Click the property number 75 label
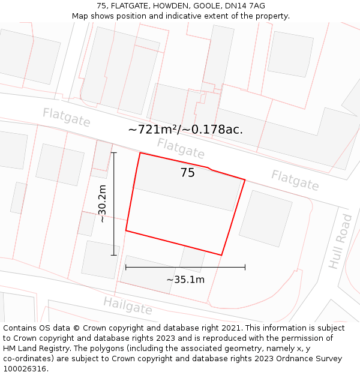[187, 173]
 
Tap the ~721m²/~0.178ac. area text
[185, 129]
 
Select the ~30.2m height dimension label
[103, 204]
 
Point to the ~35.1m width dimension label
[185, 279]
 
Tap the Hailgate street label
[128, 305]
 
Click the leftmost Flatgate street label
[67, 117]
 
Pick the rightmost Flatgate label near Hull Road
[295, 180]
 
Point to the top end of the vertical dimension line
[113, 152]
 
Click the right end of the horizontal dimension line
[245, 267]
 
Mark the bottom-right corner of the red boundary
[221, 255]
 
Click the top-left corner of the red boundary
[140, 153]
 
